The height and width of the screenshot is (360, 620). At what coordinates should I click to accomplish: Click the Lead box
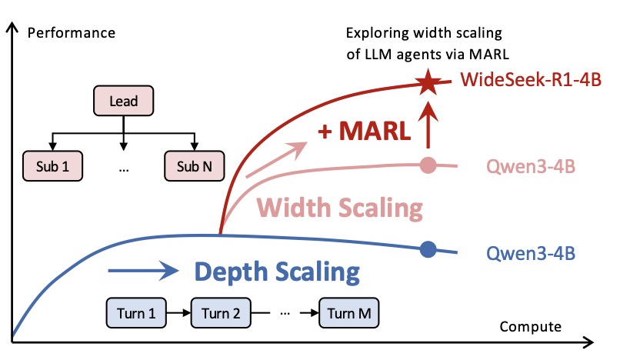[124, 100]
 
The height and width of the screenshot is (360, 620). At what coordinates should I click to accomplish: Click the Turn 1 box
[136, 313]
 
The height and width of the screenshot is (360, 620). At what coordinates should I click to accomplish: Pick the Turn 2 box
[222, 313]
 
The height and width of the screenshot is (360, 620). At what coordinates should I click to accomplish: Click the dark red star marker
[425, 82]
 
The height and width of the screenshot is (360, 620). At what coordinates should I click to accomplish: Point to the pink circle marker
[429, 164]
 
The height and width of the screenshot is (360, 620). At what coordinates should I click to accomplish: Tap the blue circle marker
[428, 248]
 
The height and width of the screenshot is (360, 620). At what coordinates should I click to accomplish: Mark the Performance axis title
[71, 33]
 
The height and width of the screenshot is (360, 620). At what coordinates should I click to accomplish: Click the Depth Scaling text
[276, 272]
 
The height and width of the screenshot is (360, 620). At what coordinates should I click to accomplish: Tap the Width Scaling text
[340, 208]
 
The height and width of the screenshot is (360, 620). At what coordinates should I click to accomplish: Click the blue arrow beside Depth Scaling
[142, 271]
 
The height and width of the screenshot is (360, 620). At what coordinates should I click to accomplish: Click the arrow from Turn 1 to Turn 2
[179, 313]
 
